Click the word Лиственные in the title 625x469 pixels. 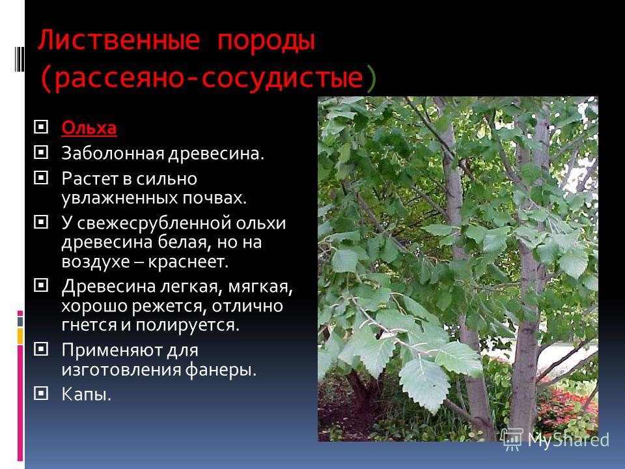click(x=118, y=40)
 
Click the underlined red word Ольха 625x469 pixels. click(x=89, y=128)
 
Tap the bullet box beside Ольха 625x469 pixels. click(x=41, y=127)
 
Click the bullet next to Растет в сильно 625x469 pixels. click(x=41, y=177)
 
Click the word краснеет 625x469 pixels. click(x=188, y=262)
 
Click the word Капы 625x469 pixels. click(x=86, y=395)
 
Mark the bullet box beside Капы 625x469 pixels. click(x=41, y=393)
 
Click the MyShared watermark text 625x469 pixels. click(x=568, y=440)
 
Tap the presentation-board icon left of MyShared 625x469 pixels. click(x=512, y=439)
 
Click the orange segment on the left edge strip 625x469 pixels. click(x=20, y=336)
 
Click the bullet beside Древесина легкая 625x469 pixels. click(x=41, y=285)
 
